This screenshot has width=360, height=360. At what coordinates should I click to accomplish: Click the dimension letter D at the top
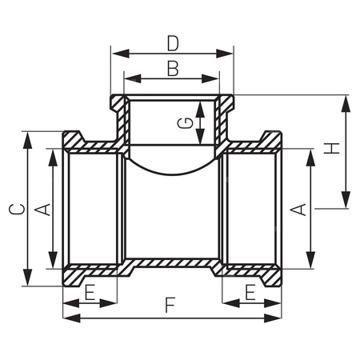point(173,41)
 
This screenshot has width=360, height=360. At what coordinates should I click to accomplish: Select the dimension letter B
point(172,69)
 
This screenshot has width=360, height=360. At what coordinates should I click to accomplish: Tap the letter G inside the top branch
point(184,122)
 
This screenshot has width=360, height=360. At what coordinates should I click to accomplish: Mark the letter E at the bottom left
point(90,292)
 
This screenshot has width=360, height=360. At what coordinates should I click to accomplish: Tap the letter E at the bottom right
point(251,292)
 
